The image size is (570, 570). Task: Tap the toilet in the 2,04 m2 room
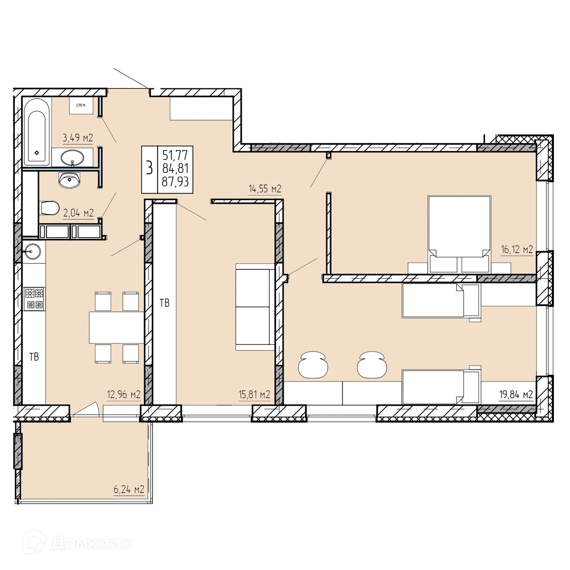49,208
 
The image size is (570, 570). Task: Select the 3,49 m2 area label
78,138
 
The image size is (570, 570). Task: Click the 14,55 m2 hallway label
265,189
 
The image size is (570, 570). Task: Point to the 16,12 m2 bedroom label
517,249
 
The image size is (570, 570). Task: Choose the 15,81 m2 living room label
255,394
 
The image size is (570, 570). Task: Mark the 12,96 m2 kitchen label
124,394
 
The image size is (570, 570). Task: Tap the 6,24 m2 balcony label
129,489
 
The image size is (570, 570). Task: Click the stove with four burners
34,298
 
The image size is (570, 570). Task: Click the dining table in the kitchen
116,327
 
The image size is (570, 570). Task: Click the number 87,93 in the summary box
175,181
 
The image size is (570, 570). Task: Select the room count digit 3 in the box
150,168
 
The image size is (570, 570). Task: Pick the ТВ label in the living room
164,303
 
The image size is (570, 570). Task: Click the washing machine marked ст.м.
81,105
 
